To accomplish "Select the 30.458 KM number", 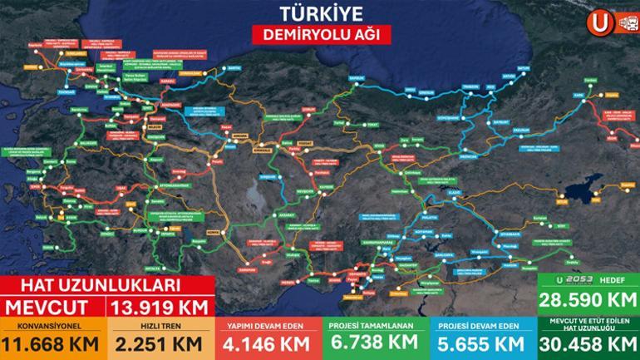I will [588, 343].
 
